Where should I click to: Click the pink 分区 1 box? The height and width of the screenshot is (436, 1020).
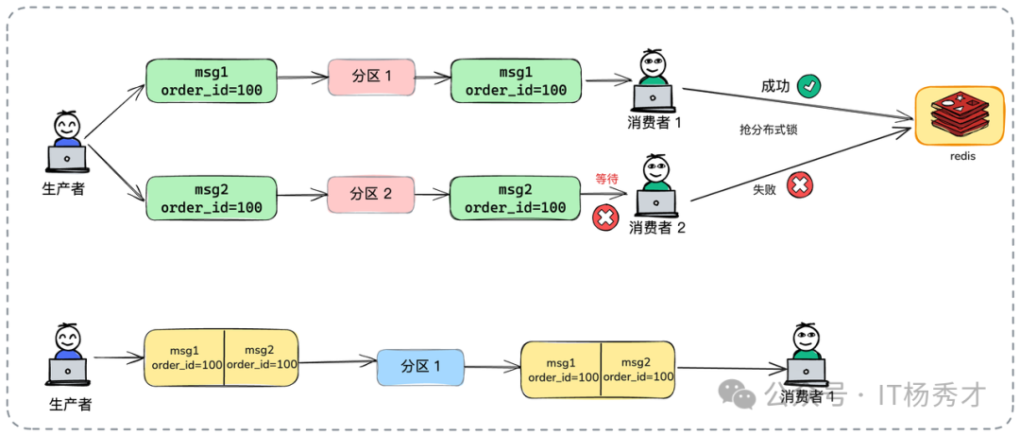click(x=372, y=77)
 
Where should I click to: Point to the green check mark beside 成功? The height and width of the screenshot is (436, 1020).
click(x=808, y=86)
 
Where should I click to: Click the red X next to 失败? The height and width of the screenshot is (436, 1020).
click(x=799, y=185)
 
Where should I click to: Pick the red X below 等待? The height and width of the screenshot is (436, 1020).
click(x=604, y=218)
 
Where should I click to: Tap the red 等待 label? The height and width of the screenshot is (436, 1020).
click(x=606, y=178)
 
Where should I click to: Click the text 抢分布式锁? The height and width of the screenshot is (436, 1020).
click(x=768, y=130)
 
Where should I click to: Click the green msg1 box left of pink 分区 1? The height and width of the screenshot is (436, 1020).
click(x=212, y=80)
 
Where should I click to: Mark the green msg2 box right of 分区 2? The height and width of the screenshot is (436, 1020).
click(x=515, y=198)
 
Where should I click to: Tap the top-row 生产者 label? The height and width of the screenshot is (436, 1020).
click(x=64, y=189)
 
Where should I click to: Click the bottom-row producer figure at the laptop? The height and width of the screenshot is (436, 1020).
click(x=66, y=356)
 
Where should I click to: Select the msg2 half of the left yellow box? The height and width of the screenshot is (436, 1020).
click(x=262, y=357)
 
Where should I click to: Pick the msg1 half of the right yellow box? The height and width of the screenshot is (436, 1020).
click(x=561, y=370)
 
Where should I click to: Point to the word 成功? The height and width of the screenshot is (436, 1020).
click(x=775, y=86)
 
